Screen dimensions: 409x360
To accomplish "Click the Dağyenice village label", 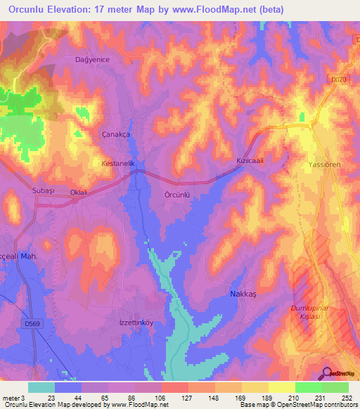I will point(93,60).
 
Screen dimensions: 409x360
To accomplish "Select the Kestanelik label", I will point(122,163).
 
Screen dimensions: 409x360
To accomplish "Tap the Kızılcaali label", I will point(249,161).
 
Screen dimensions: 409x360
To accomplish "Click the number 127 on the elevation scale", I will point(175,397).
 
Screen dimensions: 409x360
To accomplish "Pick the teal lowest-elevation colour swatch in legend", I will point(41,387).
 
